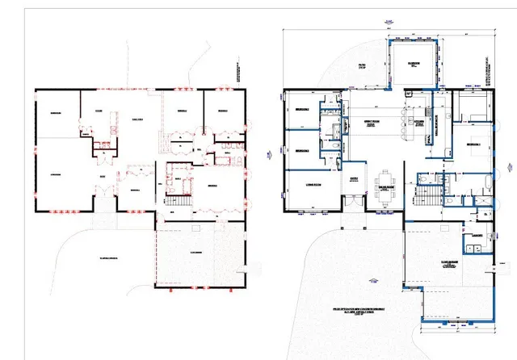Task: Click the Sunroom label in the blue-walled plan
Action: [414, 65]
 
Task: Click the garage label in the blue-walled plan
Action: [451, 263]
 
